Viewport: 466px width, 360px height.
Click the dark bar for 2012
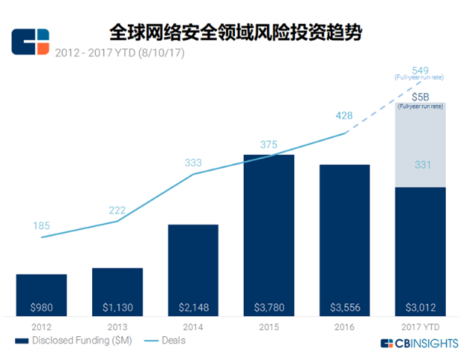tap(42, 290)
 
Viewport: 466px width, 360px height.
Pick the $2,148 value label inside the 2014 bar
tap(192, 306)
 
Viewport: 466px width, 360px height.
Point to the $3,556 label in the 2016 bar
tap(344, 306)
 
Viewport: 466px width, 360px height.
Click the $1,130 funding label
tap(117, 306)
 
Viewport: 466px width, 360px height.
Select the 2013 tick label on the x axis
tap(117, 327)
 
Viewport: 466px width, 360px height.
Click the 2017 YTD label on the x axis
tap(420, 327)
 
